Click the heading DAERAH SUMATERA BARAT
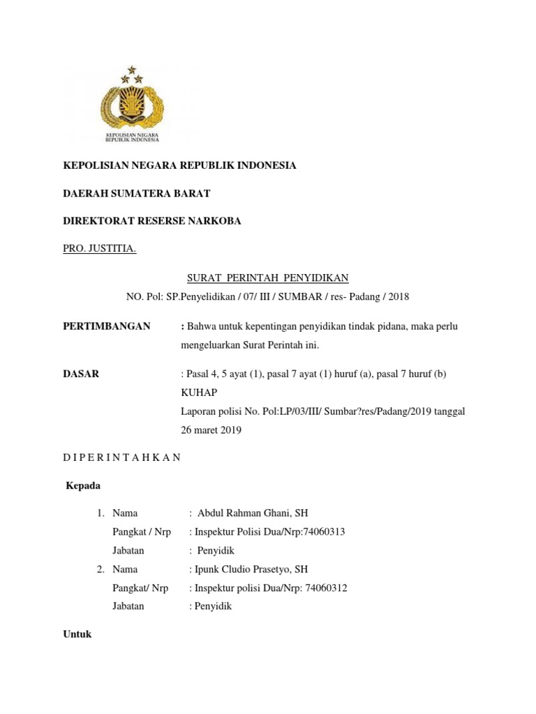click(x=137, y=193)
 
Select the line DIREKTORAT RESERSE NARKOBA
click(x=152, y=221)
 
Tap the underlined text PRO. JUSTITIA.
click(x=100, y=249)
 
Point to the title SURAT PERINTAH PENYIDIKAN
click(x=267, y=278)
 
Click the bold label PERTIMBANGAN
click(x=107, y=326)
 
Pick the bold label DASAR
click(x=81, y=374)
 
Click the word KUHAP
click(x=199, y=393)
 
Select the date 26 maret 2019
click(x=211, y=430)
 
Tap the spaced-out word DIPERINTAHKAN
click(x=122, y=457)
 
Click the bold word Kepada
click(x=82, y=485)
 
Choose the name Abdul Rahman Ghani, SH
click(x=253, y=513)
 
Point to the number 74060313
click(x=322, y=532)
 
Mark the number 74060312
click(x=323, y=588)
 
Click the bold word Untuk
click(x=77, y=635)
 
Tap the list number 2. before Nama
click(x=101, y=570)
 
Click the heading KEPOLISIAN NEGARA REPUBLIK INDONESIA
click(x=180, y=165)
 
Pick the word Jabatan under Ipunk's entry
click(x=128, y=607)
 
